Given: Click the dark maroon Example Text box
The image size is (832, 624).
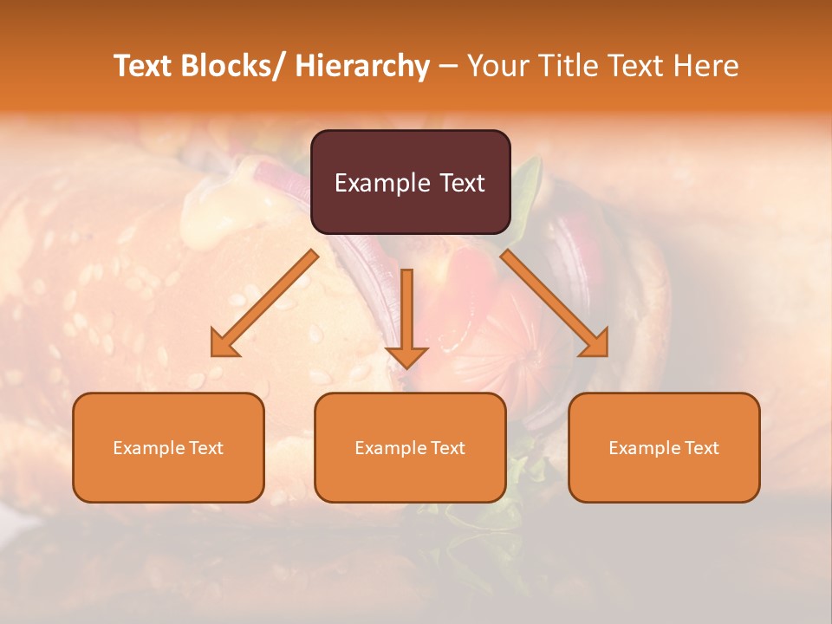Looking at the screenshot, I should coord(410,182).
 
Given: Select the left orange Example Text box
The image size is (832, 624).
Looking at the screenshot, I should coord(168,447).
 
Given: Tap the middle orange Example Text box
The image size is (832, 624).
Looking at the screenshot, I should coord(410,447).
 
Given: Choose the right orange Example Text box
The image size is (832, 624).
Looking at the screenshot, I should coord(664,447).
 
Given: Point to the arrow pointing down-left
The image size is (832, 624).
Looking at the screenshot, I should coord(264,303).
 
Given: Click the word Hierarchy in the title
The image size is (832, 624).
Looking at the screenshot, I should coord(362,67).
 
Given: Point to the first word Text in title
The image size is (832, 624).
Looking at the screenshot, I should coord(143,66).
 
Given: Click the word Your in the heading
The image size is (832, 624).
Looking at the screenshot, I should coord(496,66).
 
